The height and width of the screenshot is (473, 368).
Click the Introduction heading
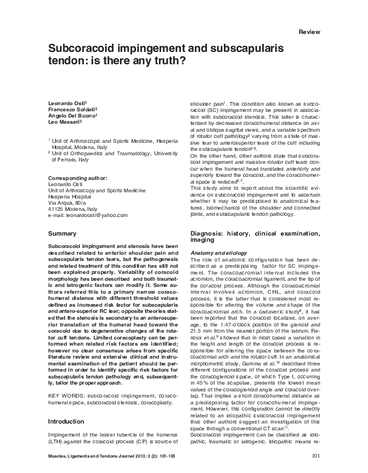pyautogui.click(x=67, y=422)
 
